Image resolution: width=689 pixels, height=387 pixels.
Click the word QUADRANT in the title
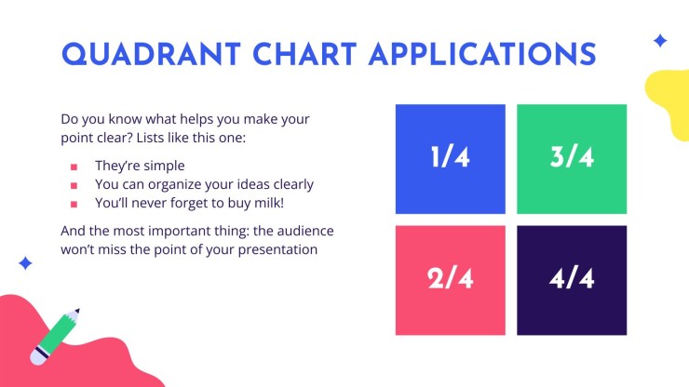pyautogui.click(x=151, y=55)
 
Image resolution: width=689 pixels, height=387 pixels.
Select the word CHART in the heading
pyautogui.click(x=304, y=55)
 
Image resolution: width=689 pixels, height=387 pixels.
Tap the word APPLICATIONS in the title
pyautogui.click(x=482, y=55)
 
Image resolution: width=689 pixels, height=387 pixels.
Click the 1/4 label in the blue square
pyautogui.click(x=451, y=157)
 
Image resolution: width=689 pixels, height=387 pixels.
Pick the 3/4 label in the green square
pyautogui.click(x=572, y=157)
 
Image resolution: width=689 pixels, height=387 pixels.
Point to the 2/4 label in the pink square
pyautogui.click(x=451, y=278)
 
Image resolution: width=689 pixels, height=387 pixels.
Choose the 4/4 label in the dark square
pyautogui.click(x=572, y=278)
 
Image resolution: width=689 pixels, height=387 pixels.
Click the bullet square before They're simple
pyautogui.click(x=74, y=167)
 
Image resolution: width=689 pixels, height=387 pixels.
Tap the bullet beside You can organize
pyautogui.click(x=74, y=186)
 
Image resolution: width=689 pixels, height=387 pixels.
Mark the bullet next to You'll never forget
pyautogui.click(x=74, y=205)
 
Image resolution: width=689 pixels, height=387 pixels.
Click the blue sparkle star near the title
pyautogui.click(x=660, y=41)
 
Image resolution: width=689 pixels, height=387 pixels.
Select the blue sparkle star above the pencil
pyautogui.click(x=25, y=263)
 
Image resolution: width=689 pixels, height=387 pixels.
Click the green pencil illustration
pyautogui.click(x=55, y=337)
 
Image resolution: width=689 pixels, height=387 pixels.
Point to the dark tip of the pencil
pyautogui.click(x=77, y=311)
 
